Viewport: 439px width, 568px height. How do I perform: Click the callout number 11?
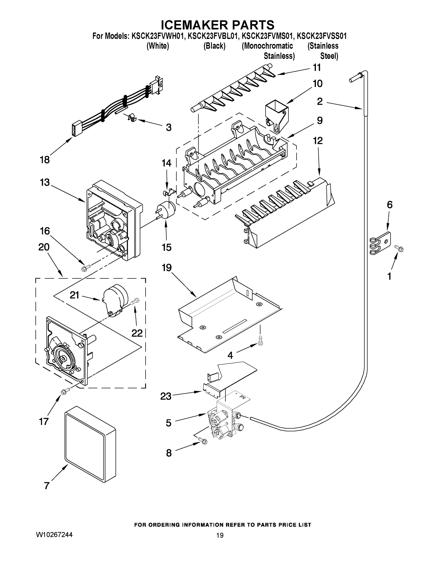pyautogui.click(x=316, y=68)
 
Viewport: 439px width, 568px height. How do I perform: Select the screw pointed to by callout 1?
pyautogui.click(x=399, y=248)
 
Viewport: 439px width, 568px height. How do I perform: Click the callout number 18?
pyautogui.click(x=44, y=160)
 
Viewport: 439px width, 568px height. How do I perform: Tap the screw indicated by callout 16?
pyautogui.click(x=86, y=267)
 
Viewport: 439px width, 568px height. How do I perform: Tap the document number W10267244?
pyautogui.click(x=54, y=535)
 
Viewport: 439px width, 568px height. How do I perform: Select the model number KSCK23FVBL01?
pyautogui.click(x=213, y=36)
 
